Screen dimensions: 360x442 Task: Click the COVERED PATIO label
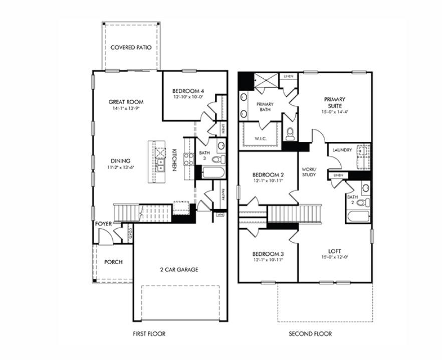point(131,48)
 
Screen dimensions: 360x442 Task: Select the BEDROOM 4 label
point(188,91)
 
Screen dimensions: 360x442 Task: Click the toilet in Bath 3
point(218,159)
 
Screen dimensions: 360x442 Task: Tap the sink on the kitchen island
point(160,165)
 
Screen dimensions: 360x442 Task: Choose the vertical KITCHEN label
point(174,159)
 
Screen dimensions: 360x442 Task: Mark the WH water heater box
point(219,215)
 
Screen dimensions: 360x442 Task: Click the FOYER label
point(103,224)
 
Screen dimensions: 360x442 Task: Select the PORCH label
point(113,262)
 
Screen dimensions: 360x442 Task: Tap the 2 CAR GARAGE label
point(179,270)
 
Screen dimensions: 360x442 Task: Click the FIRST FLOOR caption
point(149,333)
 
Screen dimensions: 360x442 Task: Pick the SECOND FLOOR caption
point(310,333)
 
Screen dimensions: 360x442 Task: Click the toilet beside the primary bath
point(290,133)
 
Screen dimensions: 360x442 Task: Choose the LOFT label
point(334,251)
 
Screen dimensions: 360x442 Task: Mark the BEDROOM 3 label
point(268,254)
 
